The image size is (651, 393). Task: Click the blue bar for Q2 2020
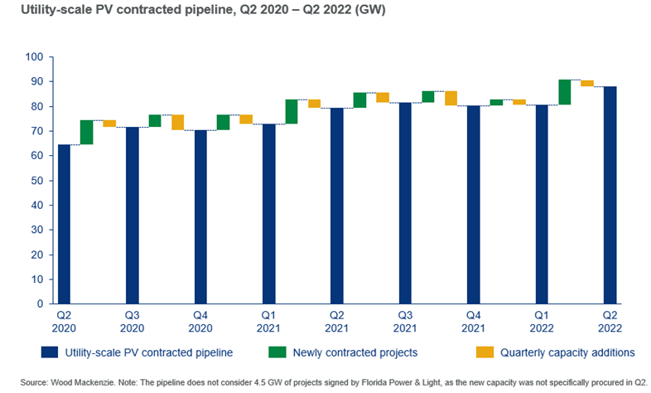(64, 224)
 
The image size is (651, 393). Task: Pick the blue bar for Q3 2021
(405, 203)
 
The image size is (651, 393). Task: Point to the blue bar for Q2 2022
(610, 195)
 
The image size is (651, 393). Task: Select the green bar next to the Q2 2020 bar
(86, 132)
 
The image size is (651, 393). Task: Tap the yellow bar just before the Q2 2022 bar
(586, 83)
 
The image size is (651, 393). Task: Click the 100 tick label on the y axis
(34, 57)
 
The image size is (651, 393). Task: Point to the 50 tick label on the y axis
(36, 181)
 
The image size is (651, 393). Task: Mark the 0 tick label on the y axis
(40, 304)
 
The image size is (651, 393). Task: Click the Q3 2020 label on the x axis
(132, 323)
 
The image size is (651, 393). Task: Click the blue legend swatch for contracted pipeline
(26, 352)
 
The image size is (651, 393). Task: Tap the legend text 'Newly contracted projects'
(354, 352)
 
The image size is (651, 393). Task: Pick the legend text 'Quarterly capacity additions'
(567, 352)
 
